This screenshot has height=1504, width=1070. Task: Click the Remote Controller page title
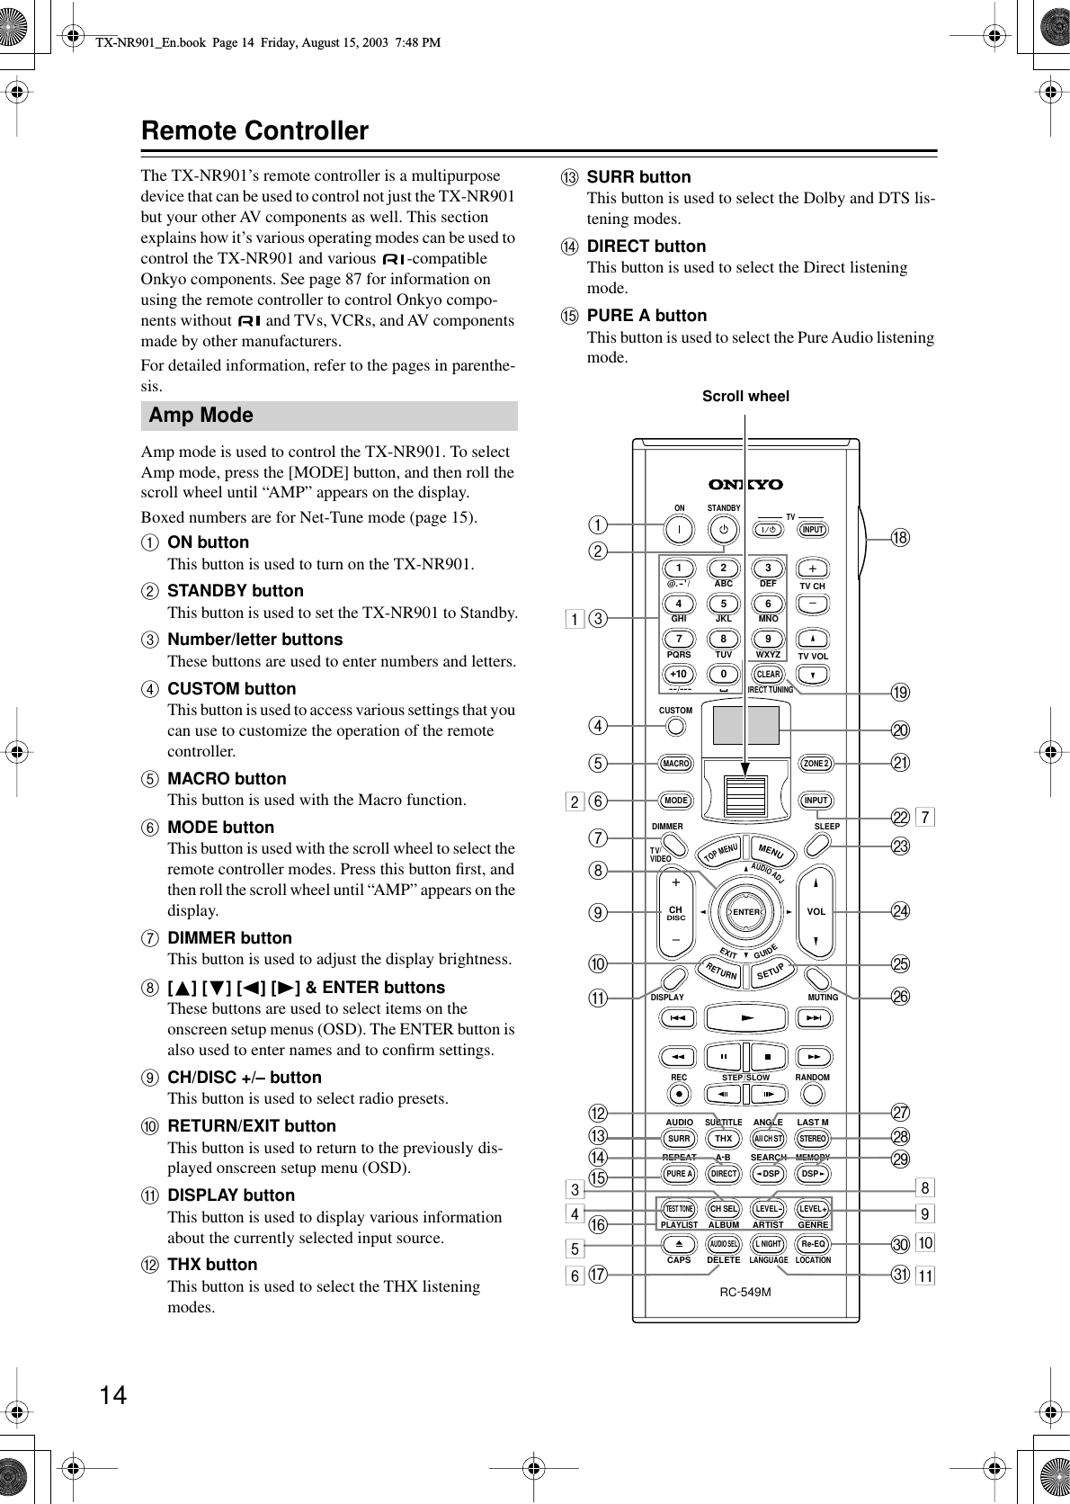(254, 131)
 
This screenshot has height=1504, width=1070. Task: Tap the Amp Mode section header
(201, 415)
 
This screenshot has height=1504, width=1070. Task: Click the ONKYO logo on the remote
(745, 485)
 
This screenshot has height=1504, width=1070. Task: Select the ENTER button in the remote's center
(745, 912)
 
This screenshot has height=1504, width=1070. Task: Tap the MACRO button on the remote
(675, 764)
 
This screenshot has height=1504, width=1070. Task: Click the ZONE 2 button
(816, 764)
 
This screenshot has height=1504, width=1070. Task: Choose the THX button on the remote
(724, 1139)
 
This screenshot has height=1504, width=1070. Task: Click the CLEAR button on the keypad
(768, 674)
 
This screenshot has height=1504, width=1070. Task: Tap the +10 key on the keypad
(679, 674)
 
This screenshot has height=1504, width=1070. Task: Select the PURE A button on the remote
(679, 1174)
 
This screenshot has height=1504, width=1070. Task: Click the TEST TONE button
(679, 1209)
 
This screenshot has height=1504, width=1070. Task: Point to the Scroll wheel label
(745, 396)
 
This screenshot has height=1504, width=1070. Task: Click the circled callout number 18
(900, 538)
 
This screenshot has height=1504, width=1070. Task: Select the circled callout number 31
(900, 1275)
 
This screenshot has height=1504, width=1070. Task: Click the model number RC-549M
(745, 1292)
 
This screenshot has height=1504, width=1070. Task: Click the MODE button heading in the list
(220, 827)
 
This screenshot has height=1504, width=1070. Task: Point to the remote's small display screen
(745, 726)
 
